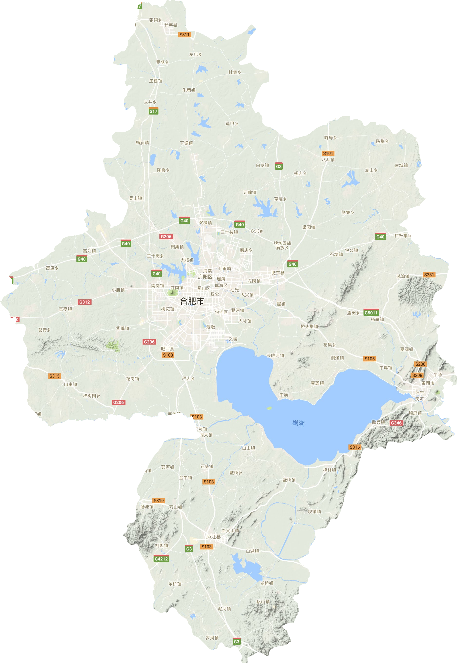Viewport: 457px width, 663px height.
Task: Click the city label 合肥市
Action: [x=192, y=301]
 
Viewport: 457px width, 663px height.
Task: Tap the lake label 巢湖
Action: [x=298, y=423]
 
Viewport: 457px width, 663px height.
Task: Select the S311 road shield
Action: [x=184, y=35]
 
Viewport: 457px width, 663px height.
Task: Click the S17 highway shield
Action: [x=154, y=111]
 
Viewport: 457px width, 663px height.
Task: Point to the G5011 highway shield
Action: [x=371, y=313]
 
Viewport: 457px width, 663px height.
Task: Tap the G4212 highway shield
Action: [x=161, y=559]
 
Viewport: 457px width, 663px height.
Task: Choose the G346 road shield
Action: [x=396, y=423]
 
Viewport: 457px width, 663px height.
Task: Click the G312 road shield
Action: [x=84, y=302]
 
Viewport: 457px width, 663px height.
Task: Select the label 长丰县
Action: [x=171, y=25]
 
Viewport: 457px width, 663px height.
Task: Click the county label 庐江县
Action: [x=214, y=537]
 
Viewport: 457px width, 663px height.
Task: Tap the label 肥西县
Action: [x=167, y=348]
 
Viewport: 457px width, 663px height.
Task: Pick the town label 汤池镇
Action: [x=147, y=507]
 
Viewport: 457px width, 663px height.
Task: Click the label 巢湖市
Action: [x=428, y=383]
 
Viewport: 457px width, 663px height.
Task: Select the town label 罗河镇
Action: [x=212, y=638]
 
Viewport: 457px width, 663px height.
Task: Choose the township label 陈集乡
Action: [x=382, y=141]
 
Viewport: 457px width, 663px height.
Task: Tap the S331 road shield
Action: [x=429, y=275]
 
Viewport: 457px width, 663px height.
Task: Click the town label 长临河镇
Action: [x=275, y=355]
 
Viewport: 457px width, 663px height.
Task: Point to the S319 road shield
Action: [x=159, y=500]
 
